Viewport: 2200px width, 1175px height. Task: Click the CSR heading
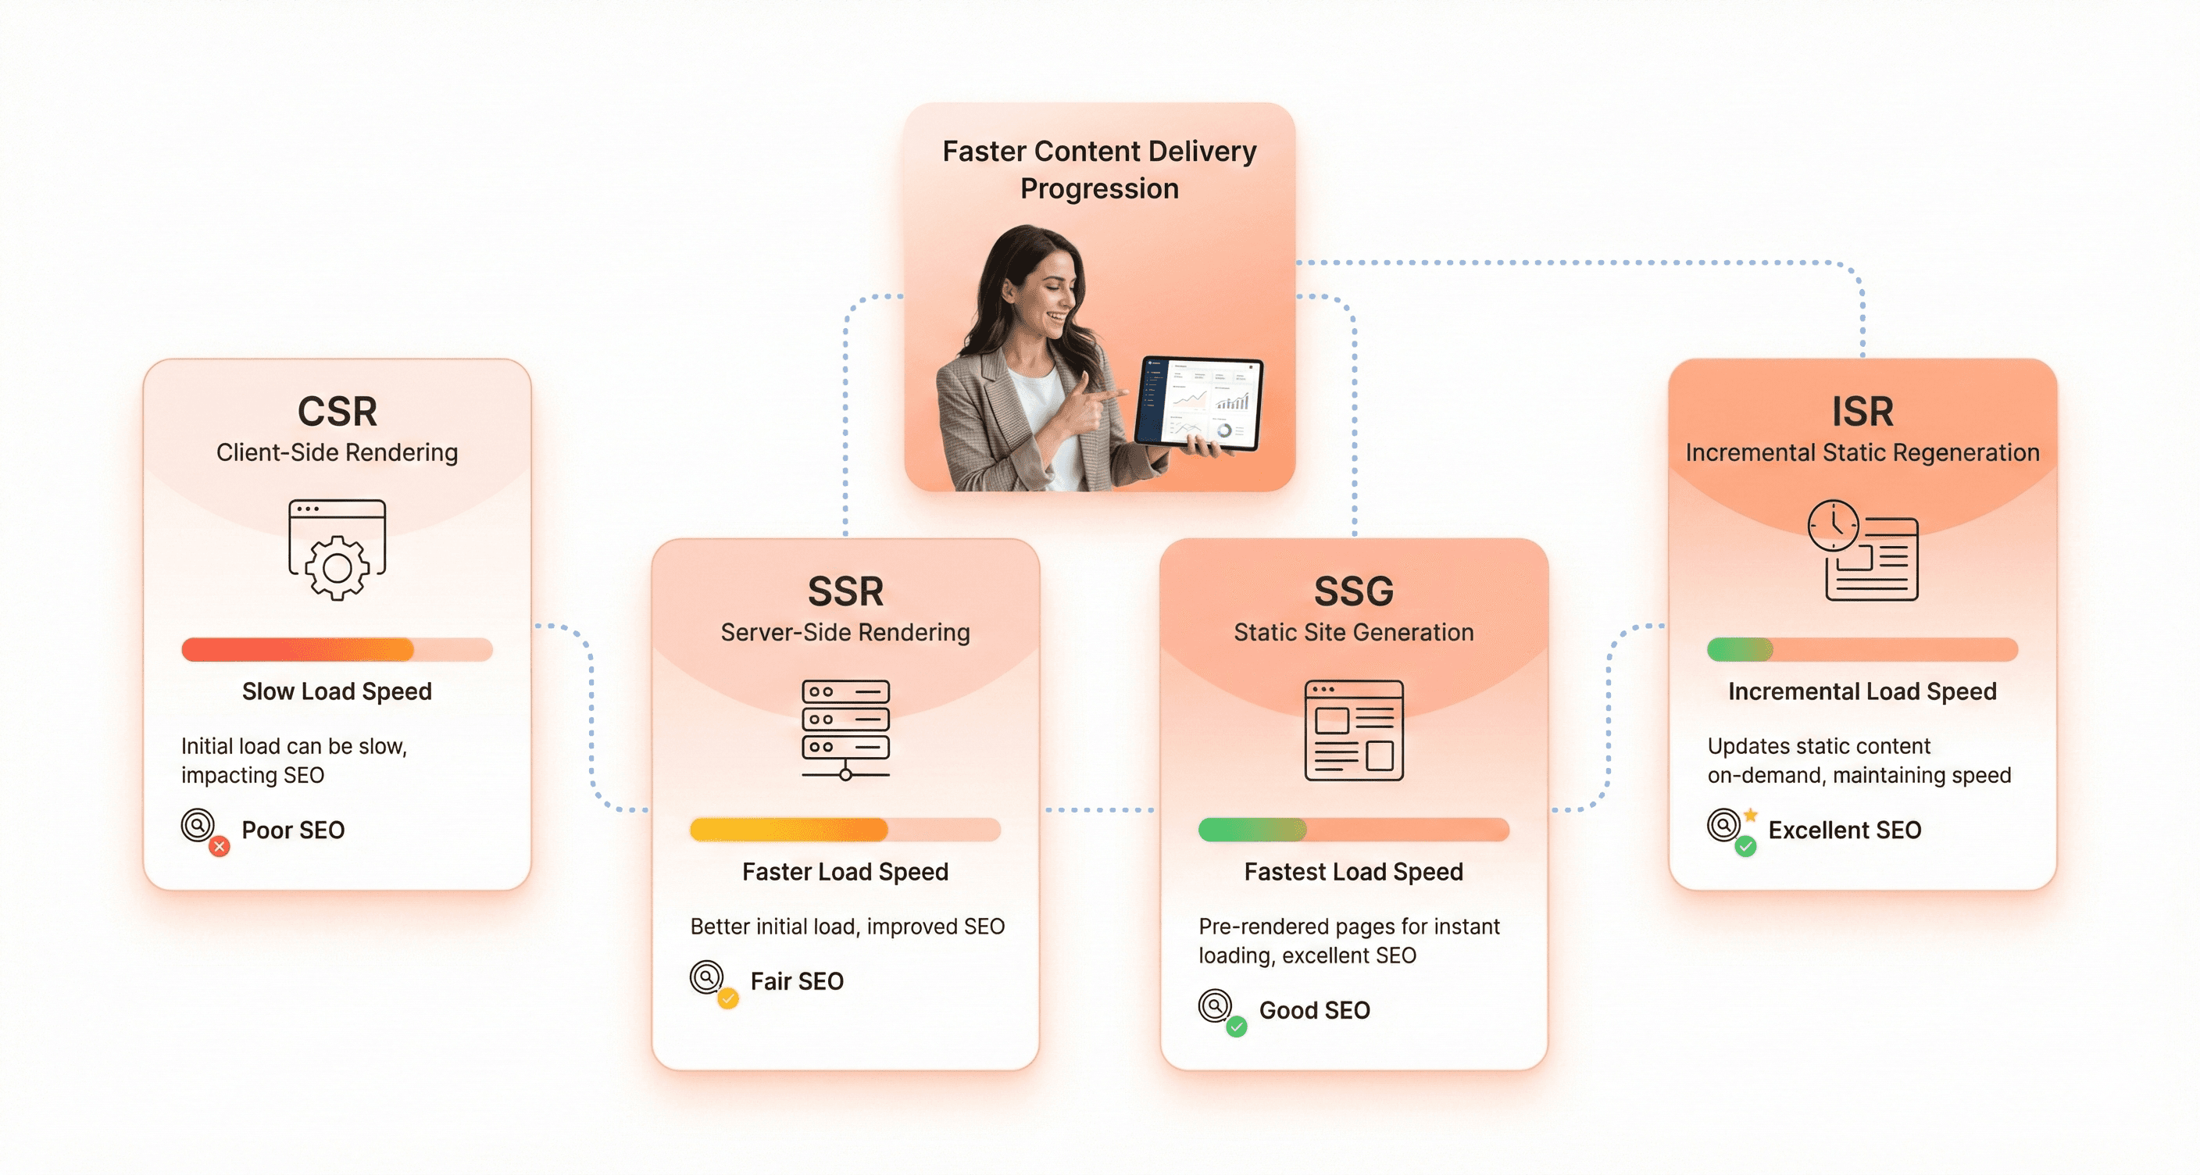pos(337,412)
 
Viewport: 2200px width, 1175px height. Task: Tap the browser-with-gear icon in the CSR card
pos(337,549)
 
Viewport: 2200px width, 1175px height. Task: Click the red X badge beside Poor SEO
pos(220,846)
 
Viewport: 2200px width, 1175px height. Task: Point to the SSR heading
pos(845,591)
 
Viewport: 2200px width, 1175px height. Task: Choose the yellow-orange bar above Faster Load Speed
pos(789,830)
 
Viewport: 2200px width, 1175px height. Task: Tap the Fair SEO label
pos(797,981)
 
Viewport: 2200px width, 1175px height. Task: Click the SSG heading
pos(1354,591)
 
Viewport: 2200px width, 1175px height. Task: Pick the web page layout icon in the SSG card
pos(1354,730)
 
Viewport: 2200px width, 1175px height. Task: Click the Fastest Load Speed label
pos(1354,872)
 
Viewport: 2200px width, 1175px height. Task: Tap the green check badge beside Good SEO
pos(1237,1027)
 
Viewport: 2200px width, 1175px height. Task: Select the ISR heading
pos(1862,412)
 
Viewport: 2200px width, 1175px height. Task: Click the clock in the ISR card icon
pos(1833,525)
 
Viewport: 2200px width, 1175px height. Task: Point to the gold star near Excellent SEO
pos(1751,815)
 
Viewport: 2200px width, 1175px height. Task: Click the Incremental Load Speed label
pos(1862,691)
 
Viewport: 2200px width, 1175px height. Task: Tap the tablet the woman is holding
pos(1200,403)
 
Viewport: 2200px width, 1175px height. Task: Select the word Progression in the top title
pos(1099,189)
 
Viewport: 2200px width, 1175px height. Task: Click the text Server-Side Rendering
pos(845,633)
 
